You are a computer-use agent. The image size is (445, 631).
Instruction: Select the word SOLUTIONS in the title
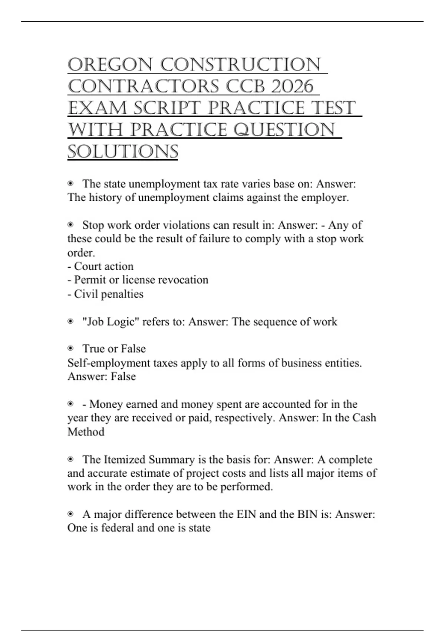(x=123, y=152)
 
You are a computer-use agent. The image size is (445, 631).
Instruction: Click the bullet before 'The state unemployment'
(x=70, y=184)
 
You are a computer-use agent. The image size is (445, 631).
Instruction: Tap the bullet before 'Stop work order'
(x=70, y=225)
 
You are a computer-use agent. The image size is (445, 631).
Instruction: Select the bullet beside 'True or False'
(x=70, y=349)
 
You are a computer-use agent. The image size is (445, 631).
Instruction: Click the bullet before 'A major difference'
(x=70, y=514)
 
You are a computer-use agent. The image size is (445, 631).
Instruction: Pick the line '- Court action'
(x=100, y=267)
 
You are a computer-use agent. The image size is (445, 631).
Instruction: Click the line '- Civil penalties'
(x=105, y=294)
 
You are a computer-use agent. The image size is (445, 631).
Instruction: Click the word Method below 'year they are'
(x=86, y=432)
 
